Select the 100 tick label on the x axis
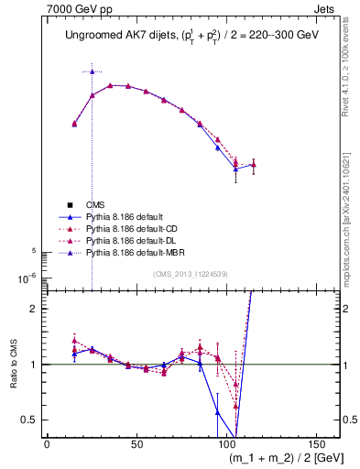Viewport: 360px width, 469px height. pyautogui.click(x=226, y=443)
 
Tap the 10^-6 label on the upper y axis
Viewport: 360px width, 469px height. pyautogui.click(x=26, y=278)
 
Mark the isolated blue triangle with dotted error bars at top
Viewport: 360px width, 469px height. pyautogui.click(x=92, y=71)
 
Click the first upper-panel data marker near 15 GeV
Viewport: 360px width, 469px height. pyautogui.click(x=74, y=124)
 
